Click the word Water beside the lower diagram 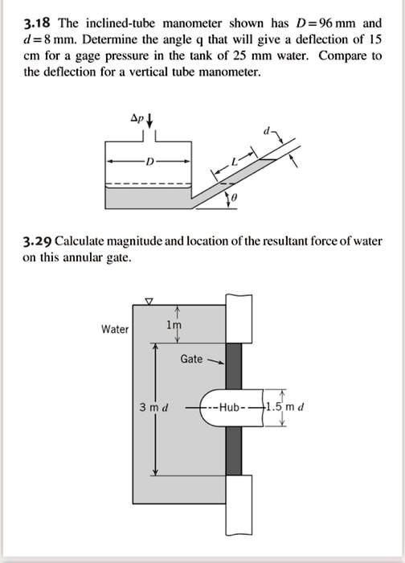coord(115,329)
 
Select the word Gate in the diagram coord(191,359)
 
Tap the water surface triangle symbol coord(148,302)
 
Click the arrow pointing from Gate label coord(215,361)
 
